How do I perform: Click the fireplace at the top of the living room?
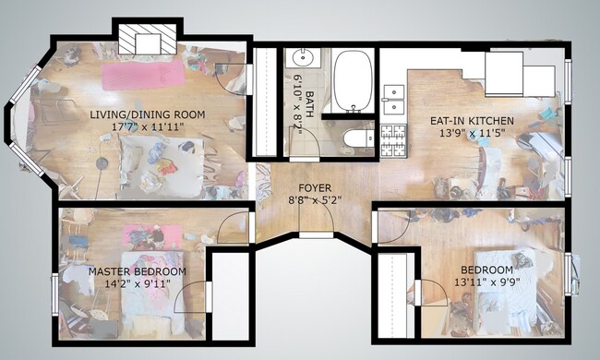tap(143, 40)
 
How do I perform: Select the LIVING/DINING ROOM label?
tap(148, 114)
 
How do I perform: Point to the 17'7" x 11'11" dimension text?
tap(148, 126)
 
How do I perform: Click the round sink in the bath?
tap(302, 60)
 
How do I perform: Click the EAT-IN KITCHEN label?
tap(472, 120)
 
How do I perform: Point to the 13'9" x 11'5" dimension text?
tap(472, 132)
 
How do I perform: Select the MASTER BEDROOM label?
tap(137, 272)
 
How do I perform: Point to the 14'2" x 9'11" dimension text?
tap(137, 284)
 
